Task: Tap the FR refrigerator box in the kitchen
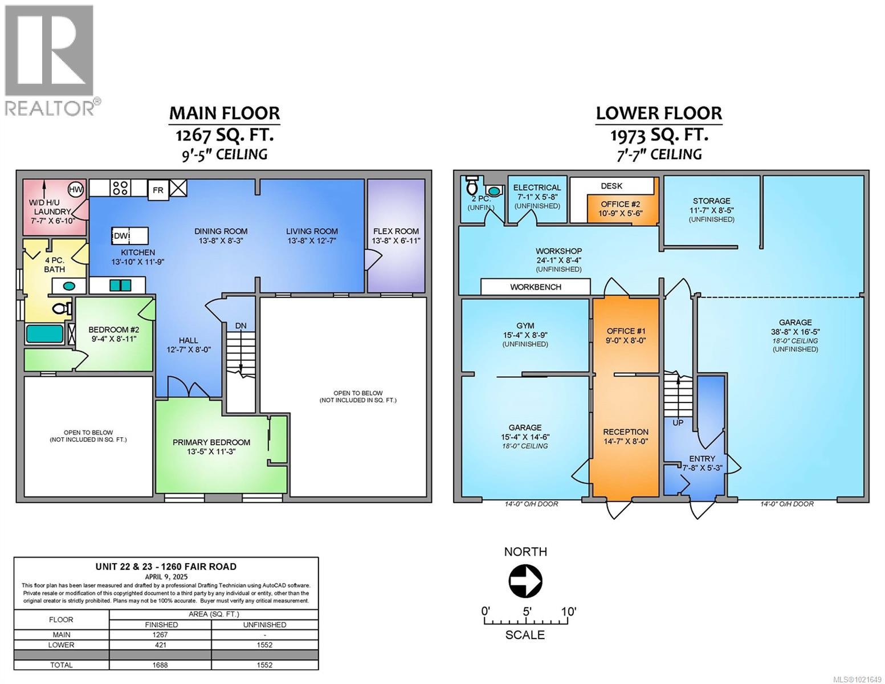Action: pyautogui.click(x=158, y=190)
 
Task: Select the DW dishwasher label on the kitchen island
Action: pyautogui.click(x=121, y=236)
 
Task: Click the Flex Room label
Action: pyautogui.click(x=395, y=231)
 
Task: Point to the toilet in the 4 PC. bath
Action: pyautogui.click(x=60, y=309)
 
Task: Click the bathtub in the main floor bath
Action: pyautogui.click(x=45, y=333)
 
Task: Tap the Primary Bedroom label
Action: pyautogui.click(x=211, y=442)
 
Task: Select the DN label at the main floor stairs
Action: pyautogui.click(x=241, y=325)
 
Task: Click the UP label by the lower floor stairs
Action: pyautogui.click(x=678, y=422)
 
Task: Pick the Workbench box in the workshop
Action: pyautogui.click(x=535, y=287)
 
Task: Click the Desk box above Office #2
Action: pyautogui.click(x=611, y=186)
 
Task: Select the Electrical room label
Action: pyautogui.click(x=537, y=188)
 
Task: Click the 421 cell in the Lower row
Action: pyautogui.click(x=161, y=645)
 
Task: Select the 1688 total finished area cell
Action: pyautogui.click(x=161, y=665)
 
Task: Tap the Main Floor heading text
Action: pyautogui.click(x=224, y=113)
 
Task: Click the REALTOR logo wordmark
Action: pyautogui.click(x=50, y=108)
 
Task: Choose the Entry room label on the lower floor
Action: pyautogui.click(x=702, y=458)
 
